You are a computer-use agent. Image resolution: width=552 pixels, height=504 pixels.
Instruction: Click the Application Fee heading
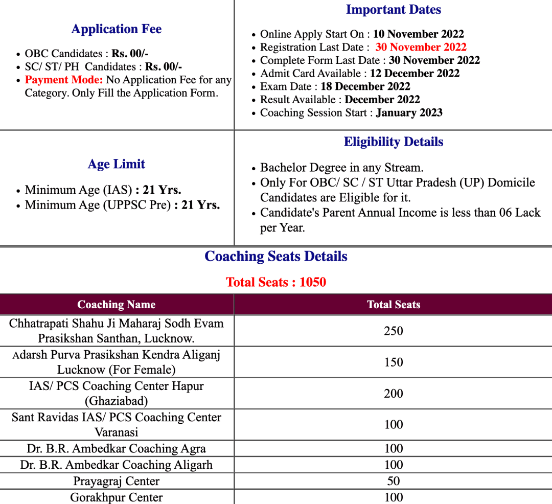[x=117, y=29]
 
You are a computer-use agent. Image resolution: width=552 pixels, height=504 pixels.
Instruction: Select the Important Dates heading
[x=393, y=10]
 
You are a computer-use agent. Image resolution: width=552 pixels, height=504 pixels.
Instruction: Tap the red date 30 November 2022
[x=421, y=47]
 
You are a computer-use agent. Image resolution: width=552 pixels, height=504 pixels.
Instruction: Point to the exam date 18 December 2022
[x=365, y=86]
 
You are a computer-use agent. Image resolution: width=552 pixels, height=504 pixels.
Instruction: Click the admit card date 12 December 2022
[x=415, y=73]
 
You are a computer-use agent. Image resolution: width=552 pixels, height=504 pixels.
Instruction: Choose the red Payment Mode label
[x=64, y=80]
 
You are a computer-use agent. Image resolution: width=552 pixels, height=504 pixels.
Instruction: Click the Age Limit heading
[x=117, y=164]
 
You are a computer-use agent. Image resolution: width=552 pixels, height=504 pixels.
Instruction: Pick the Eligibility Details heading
[x=393, y=142]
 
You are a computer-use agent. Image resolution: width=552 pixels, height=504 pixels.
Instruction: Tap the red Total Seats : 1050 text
[x=276, y=282]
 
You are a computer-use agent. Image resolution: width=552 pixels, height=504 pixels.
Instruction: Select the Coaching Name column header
[x=117, y=305]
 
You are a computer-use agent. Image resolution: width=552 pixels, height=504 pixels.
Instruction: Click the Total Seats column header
[x=393, y=305]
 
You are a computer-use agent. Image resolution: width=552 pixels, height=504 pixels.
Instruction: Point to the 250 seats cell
[x=393, y=331]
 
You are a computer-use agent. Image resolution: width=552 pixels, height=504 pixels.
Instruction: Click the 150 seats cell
[x=393, y=362]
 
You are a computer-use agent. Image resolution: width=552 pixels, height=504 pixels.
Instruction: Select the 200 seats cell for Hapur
[x=393, y=394]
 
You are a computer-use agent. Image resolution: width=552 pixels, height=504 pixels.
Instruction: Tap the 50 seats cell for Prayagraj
[x=393, y=481]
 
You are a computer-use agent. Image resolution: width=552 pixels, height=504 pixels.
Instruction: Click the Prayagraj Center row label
[x=117, y=481]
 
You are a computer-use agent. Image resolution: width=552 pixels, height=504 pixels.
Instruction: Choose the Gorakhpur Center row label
[x=117, y=497]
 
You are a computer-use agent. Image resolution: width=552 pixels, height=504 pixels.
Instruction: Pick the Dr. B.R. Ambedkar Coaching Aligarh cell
[x=117, y=465]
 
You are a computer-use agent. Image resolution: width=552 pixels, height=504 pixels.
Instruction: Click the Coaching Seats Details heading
[x=276, y=257]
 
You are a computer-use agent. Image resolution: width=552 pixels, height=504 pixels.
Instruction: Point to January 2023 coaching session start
[x=409, y=112]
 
